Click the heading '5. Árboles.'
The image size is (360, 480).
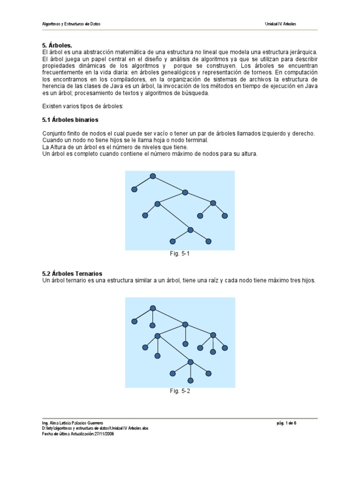point(57,45)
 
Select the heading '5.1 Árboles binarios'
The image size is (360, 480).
point(70,120)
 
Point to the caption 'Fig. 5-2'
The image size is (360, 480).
point(180,391)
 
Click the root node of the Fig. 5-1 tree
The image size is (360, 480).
point(152,176)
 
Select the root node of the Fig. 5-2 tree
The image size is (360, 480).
point(152,308)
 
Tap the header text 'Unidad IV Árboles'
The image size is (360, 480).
point(280,23)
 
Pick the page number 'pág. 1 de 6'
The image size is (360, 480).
point(287,423)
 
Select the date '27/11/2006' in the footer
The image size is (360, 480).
point(104,434)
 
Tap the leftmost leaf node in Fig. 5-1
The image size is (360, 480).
point(135,189)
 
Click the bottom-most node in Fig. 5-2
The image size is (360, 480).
point(190,380)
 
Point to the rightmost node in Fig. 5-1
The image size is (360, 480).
point(225,216)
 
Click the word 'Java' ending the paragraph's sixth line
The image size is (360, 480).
point(310,86)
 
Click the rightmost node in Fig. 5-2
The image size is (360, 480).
point(225,348)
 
